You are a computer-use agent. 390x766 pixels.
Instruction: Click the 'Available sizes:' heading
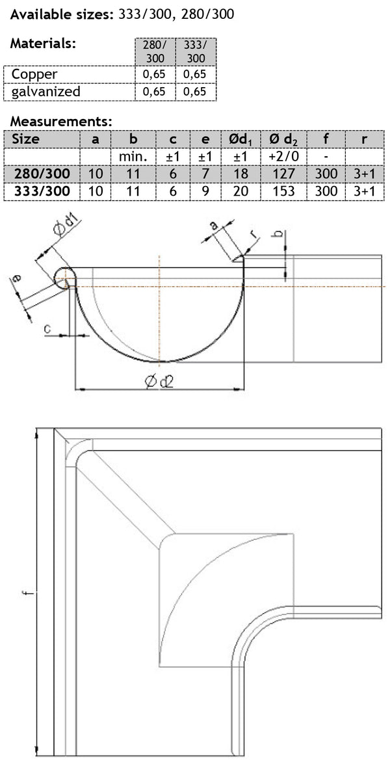pos(62,13)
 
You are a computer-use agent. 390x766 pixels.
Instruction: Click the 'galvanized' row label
pos(46,92)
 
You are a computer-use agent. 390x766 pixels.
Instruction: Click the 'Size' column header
pos(26,139)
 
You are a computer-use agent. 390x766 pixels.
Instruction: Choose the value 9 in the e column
pos(205,192)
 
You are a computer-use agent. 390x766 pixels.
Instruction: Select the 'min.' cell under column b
pos(133,157)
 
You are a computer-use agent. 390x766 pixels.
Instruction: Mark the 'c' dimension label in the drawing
pos(48,330)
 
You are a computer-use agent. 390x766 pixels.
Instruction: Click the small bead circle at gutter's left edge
pos(63,278)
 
